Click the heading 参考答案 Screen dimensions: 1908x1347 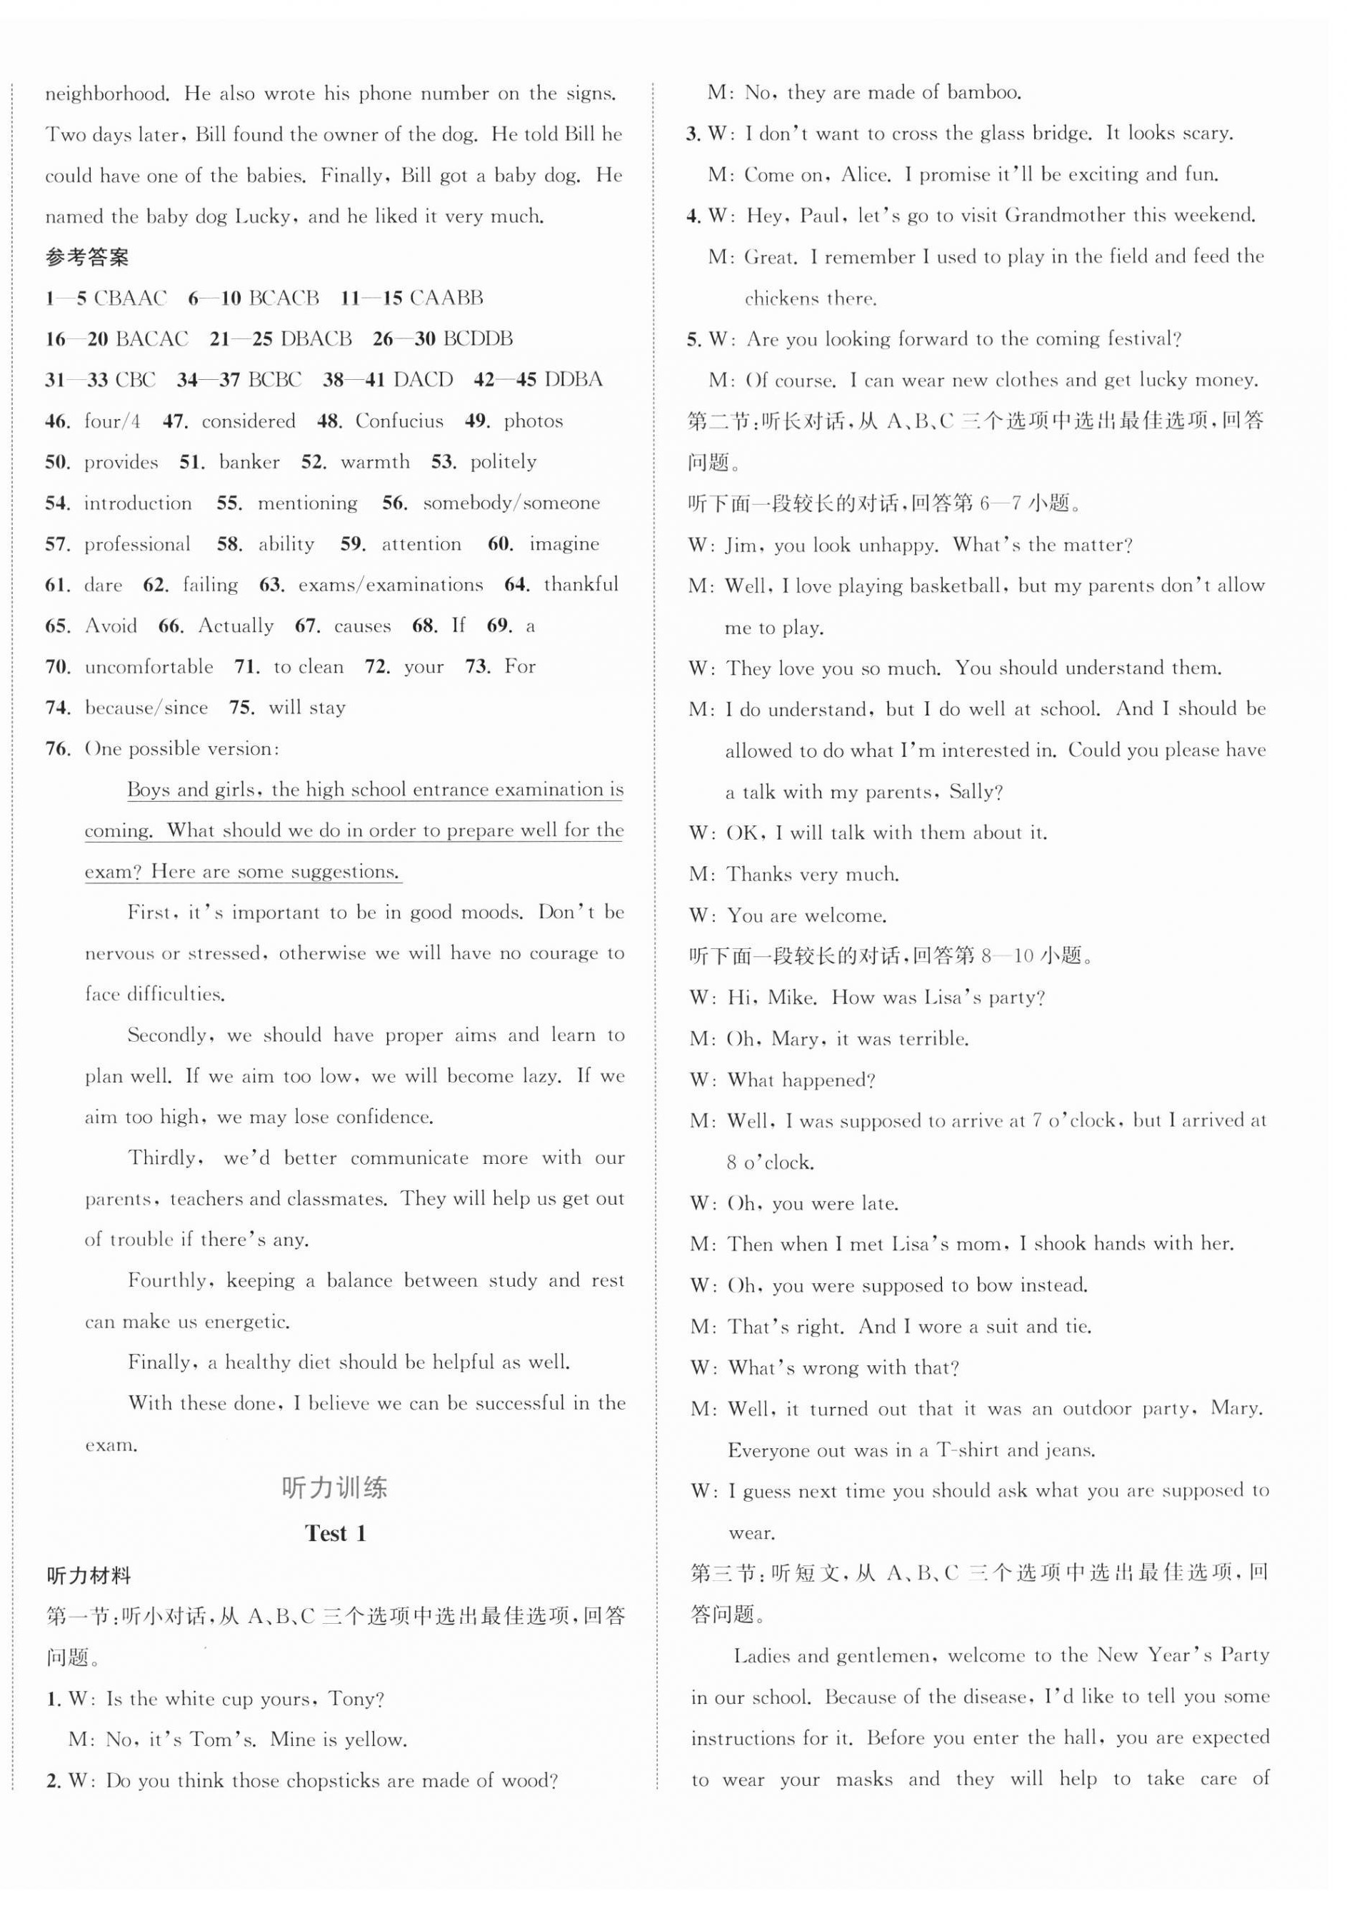tap(86, 258)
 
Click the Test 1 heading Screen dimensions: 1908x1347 tap(335, 1533)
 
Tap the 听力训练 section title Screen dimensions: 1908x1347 tap(334, 1487)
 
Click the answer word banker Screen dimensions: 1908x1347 tap(249, 462)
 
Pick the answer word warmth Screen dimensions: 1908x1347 tap(375, 462)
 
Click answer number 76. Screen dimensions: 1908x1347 tap(56, 749)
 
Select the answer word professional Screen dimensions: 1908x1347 tap(137, 544)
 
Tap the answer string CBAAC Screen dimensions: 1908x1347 tap(130, 298)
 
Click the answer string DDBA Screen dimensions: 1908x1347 tap(573, 380)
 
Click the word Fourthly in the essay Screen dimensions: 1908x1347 tap(169, 1280)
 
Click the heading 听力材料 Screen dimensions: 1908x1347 tap(89, 1575)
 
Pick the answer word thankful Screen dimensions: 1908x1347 tap(581, 585)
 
